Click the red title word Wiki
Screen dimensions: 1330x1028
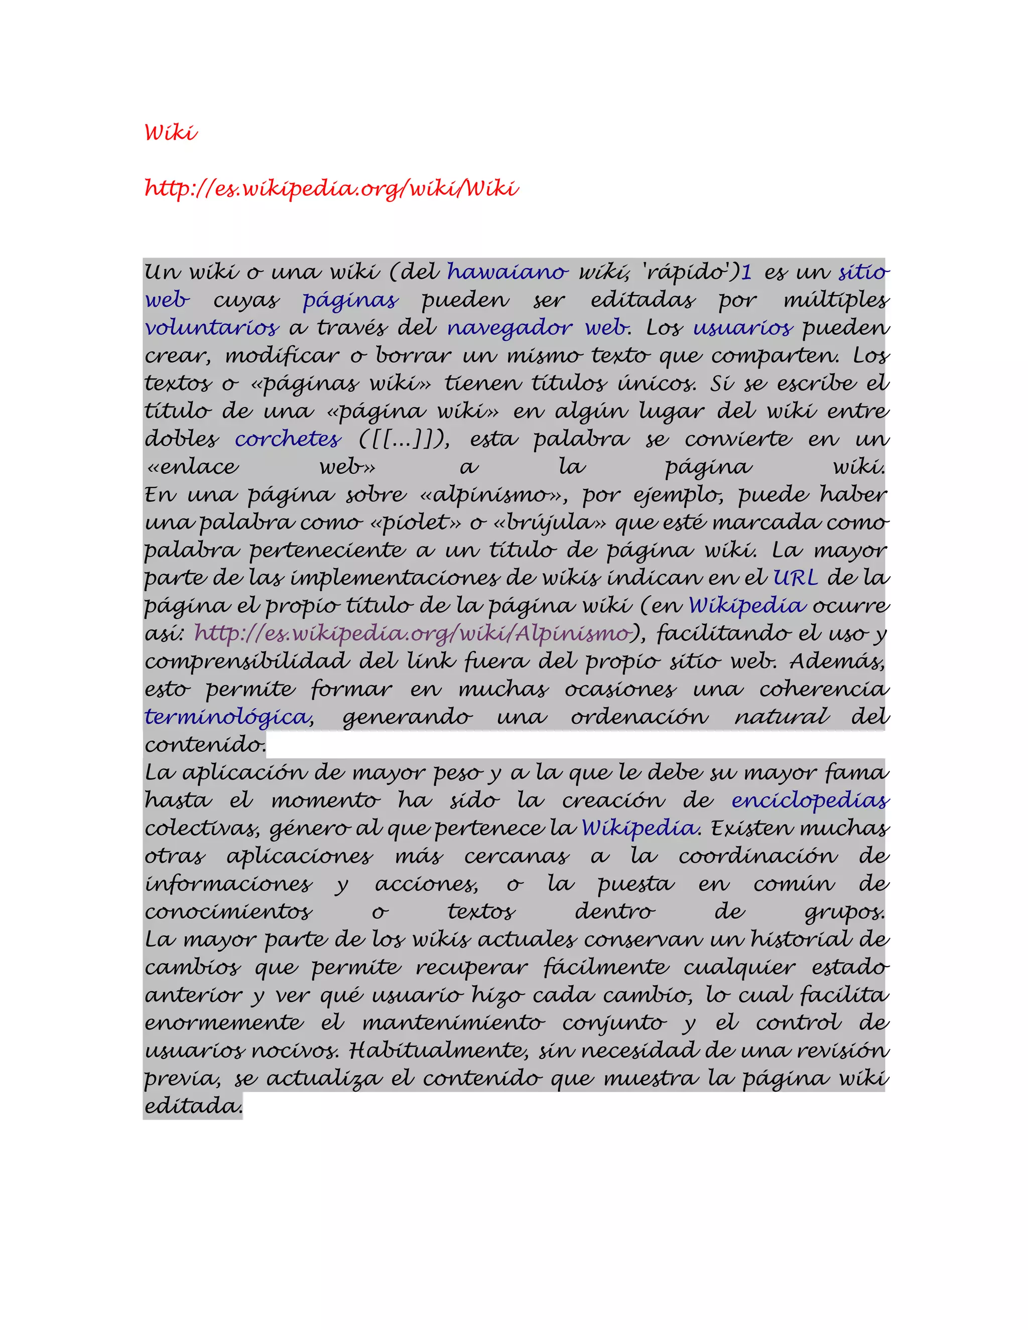click(x=171, y=132)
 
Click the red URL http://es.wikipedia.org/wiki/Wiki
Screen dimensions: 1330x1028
click(x=331, y=188)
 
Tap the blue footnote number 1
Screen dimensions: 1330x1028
click(x=746, y=272)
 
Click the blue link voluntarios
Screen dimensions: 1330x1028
click(x=212, y=328)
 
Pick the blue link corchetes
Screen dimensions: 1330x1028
click(x=288, y=439)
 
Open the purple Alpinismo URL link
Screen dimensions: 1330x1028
click(x=412, y=634)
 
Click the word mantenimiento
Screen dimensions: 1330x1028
click(x=453, y=1022)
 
